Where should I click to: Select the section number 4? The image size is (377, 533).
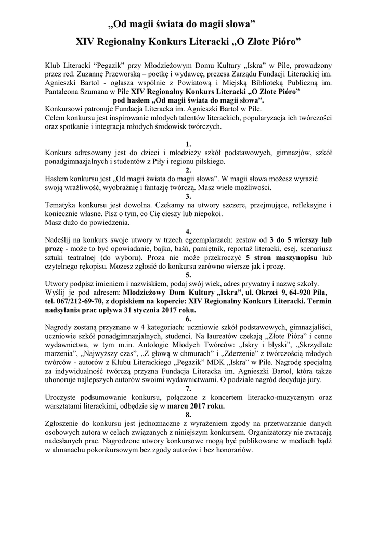pyautogui.click(x=188, y=231)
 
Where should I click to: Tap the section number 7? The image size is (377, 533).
pyautogui.click(x=188, y=388)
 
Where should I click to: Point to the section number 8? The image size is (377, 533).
pyautogui.click(x=188, y=414)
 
